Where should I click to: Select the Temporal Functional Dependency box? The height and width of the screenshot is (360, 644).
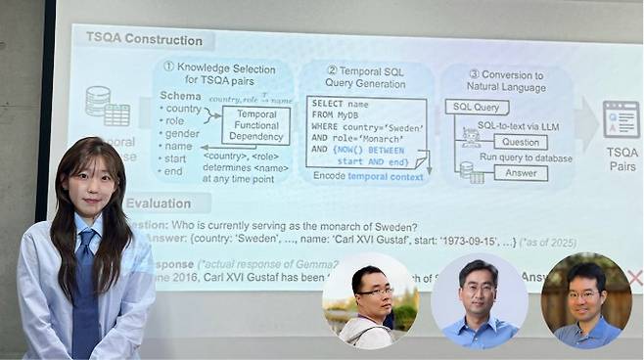coord(255,125)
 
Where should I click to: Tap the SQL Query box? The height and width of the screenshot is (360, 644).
coord(477,107)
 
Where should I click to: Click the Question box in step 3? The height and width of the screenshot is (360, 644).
coord(520,142)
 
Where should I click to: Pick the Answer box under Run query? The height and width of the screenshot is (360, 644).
coord(520,173)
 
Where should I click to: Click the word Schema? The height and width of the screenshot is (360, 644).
coord(181,96)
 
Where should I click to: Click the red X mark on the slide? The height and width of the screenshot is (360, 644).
coord(634,277)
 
